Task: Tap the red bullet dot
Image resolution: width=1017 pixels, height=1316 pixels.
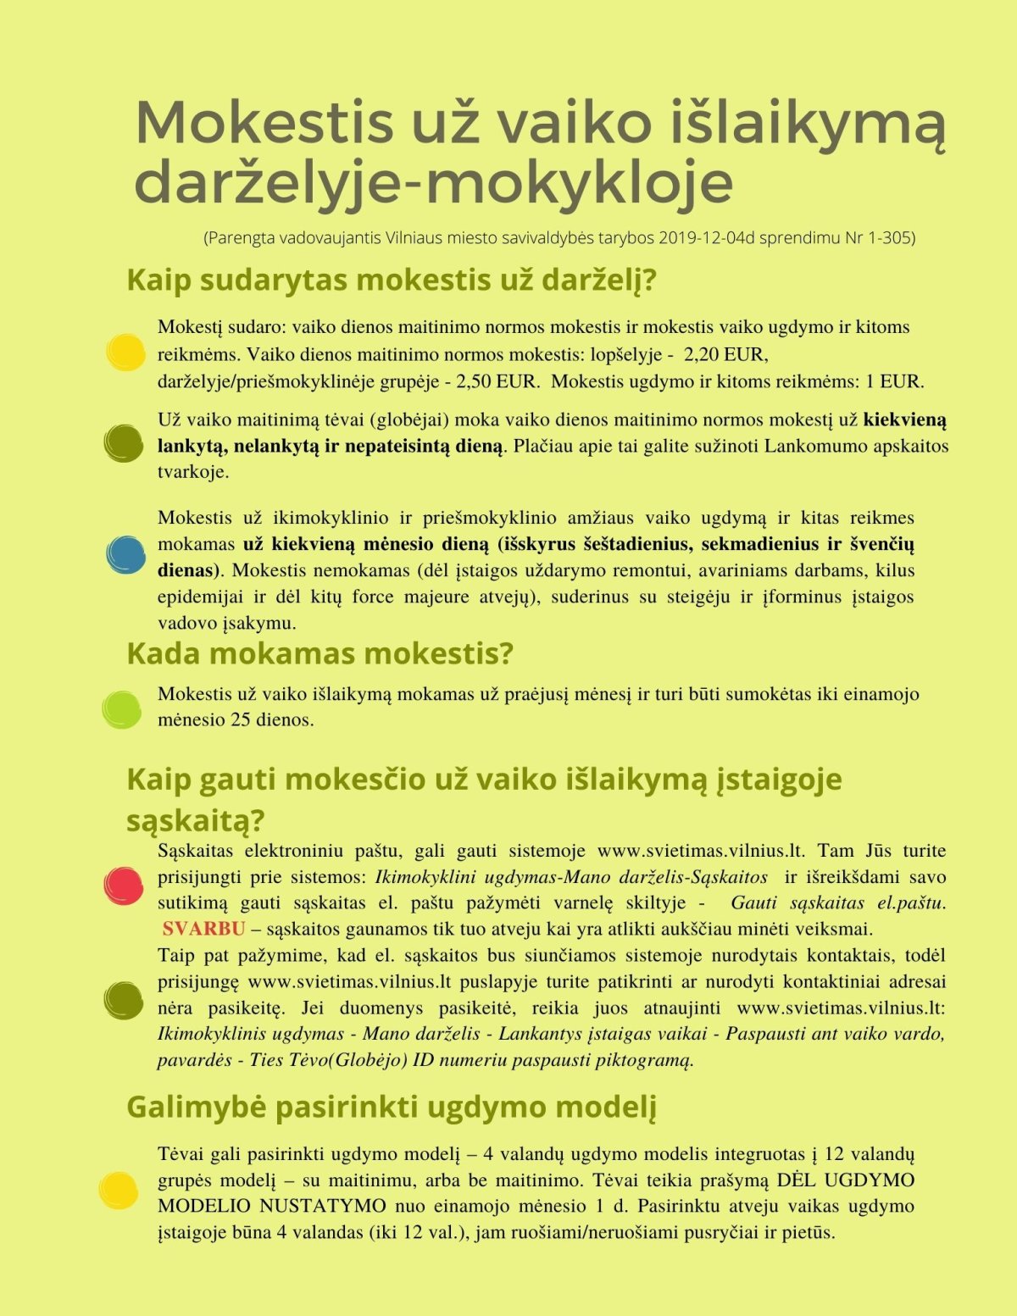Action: coord(123,886)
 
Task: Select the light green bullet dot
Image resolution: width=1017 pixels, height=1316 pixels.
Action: coord(122,709)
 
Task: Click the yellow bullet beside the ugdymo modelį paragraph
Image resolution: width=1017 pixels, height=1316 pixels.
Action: coord(118,1191)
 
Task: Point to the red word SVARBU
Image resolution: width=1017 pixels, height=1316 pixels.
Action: coord(203,929)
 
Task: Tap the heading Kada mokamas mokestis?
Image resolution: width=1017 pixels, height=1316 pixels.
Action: coord(320,654)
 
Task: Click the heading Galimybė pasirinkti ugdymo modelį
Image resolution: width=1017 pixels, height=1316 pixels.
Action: coord(392,1107)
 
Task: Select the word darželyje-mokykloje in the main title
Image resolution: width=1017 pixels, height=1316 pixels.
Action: coord(433,182)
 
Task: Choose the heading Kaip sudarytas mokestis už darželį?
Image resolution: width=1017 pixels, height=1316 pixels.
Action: coord(392,280)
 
